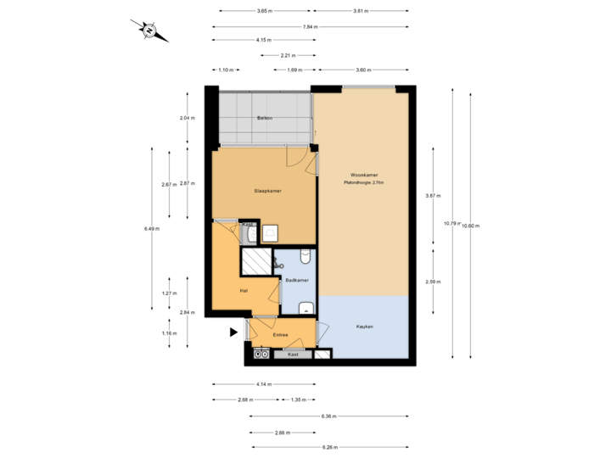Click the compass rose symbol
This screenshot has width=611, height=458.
pos(149,31)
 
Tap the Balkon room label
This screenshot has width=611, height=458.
pos(265,118)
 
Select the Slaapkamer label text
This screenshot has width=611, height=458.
pos(267,191)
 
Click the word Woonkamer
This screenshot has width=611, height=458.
pos(363,176)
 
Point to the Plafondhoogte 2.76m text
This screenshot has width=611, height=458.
pos(363,183)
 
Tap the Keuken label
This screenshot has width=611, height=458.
pos(364,327)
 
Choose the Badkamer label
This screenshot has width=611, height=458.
pos(297,280)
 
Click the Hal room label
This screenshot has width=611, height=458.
pos(244,290)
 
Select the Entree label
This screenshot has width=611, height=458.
pos(280,335)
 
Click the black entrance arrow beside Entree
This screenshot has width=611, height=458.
pos(233,333)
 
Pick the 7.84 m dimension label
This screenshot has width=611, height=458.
pos(311,27)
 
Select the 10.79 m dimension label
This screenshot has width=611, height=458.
pos(451,224)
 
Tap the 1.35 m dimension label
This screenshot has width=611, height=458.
pos(298,399)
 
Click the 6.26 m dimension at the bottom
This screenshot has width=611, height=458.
pos(329,447)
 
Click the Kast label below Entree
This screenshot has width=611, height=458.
pos(293,354)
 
